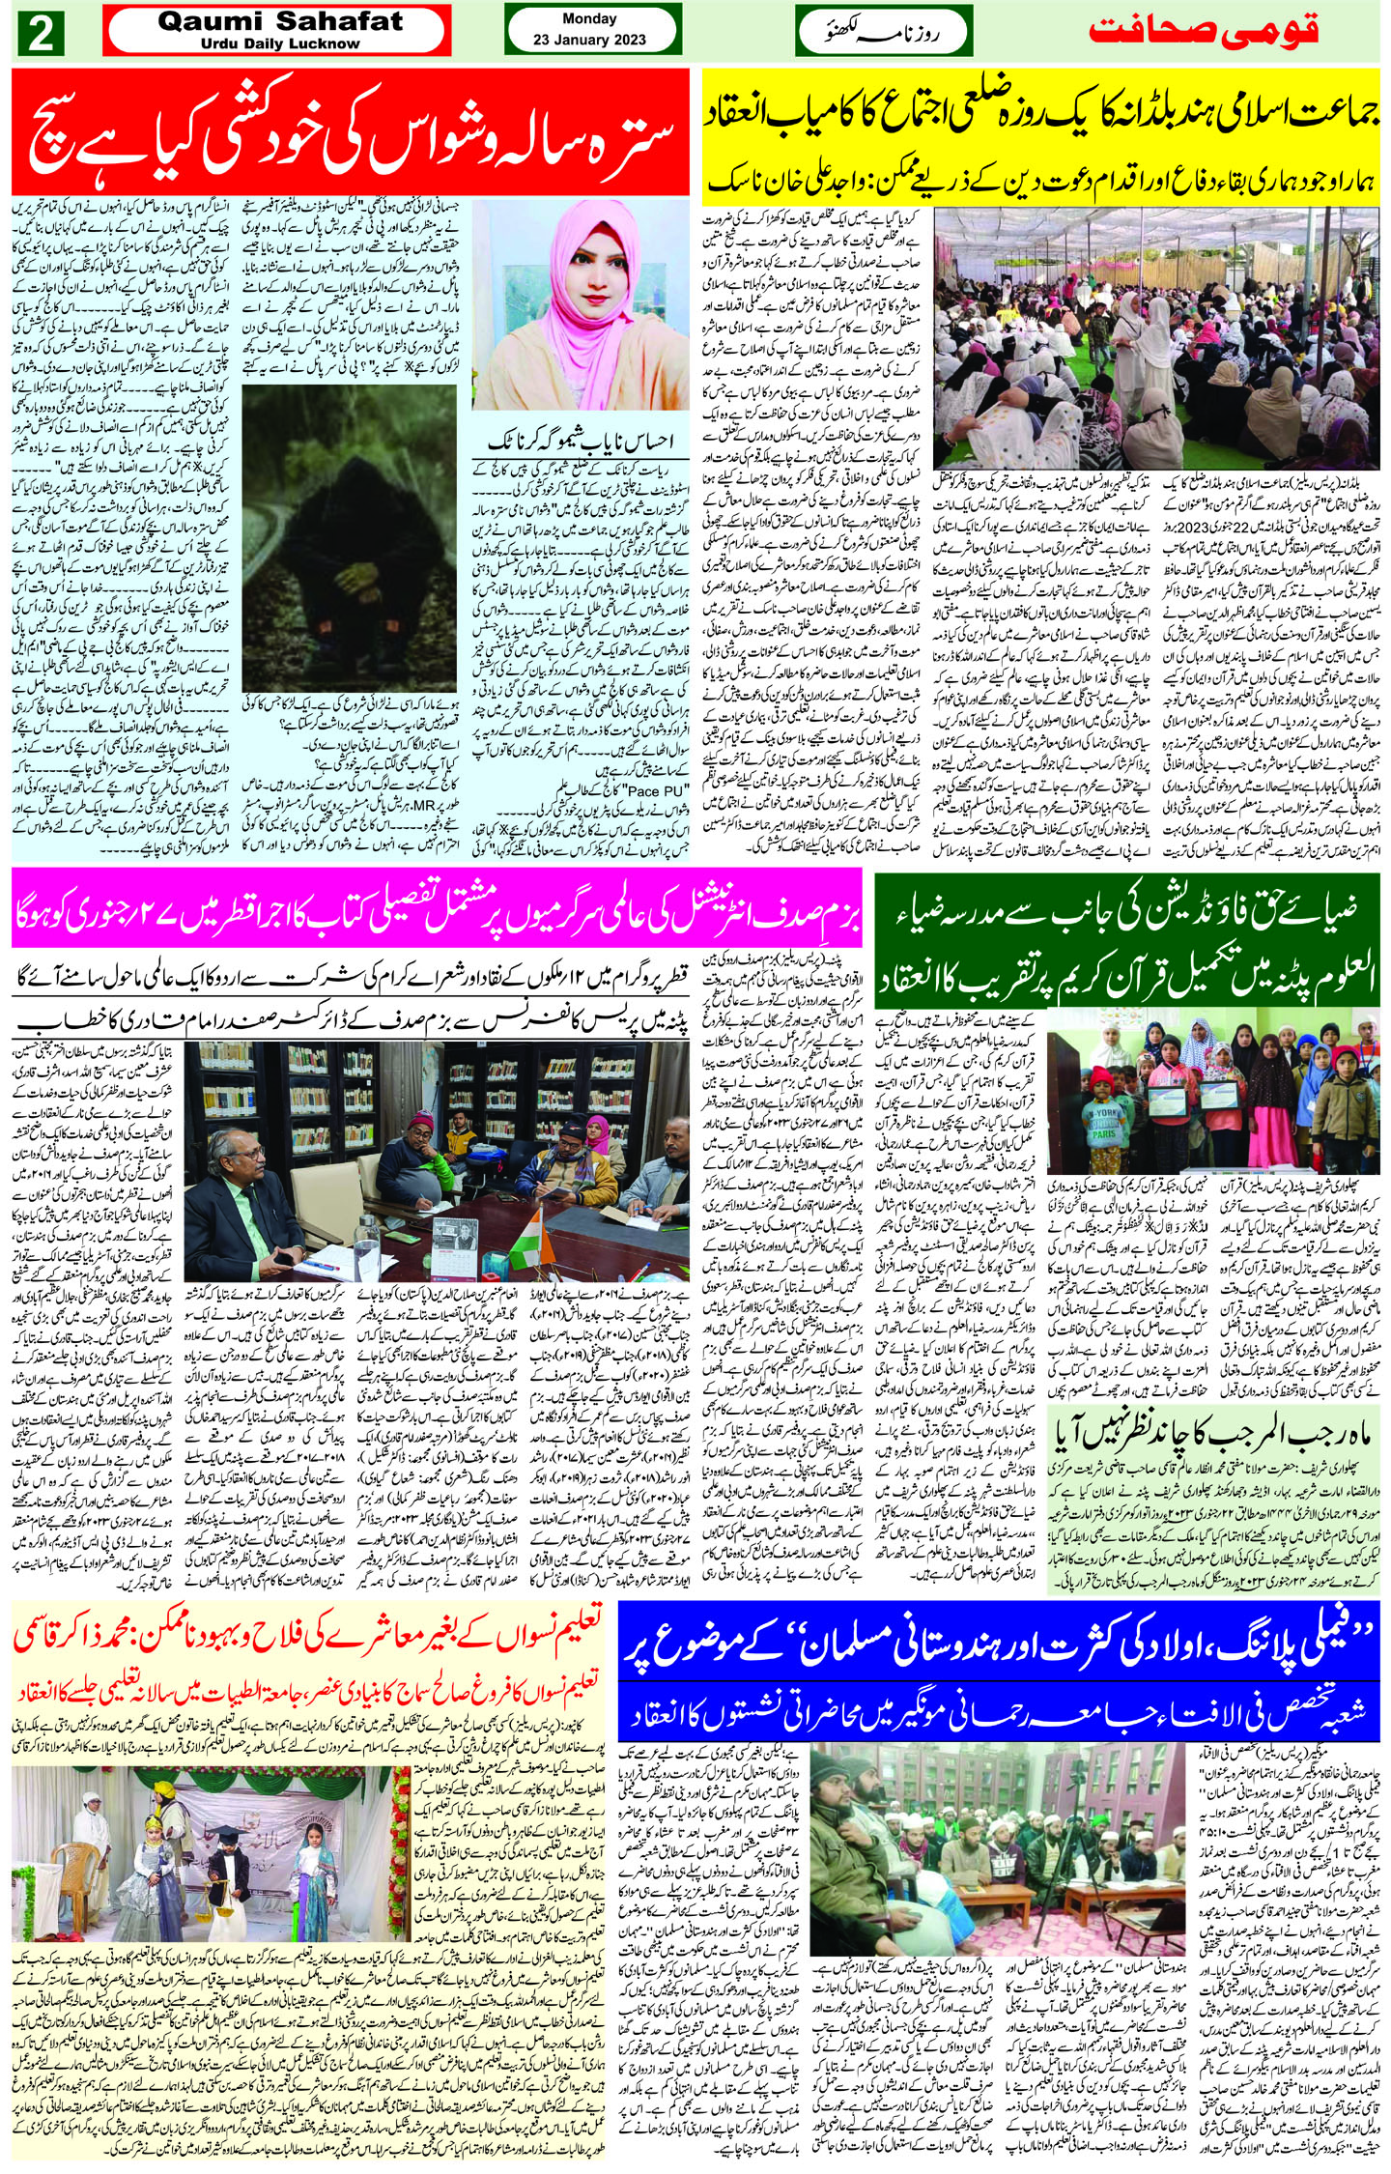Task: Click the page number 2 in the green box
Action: (42, 35)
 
